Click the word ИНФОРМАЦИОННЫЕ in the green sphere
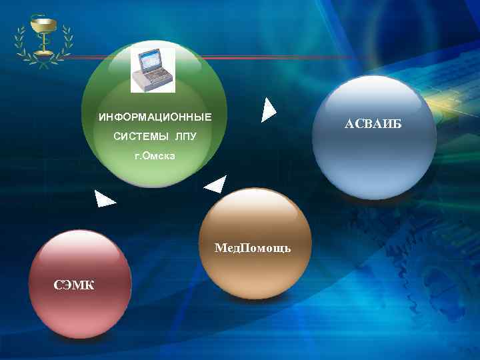click(155, 117)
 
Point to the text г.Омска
click(154, 157)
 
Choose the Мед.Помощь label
click(253, 248)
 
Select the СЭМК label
click(73, 285)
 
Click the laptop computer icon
click(153, 69)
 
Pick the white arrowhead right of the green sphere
click(267, 111)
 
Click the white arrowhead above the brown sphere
click(216, 185)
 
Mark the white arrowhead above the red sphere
click(104, 198)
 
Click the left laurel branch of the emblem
click(23, 41)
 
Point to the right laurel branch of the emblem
click(65, 41)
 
